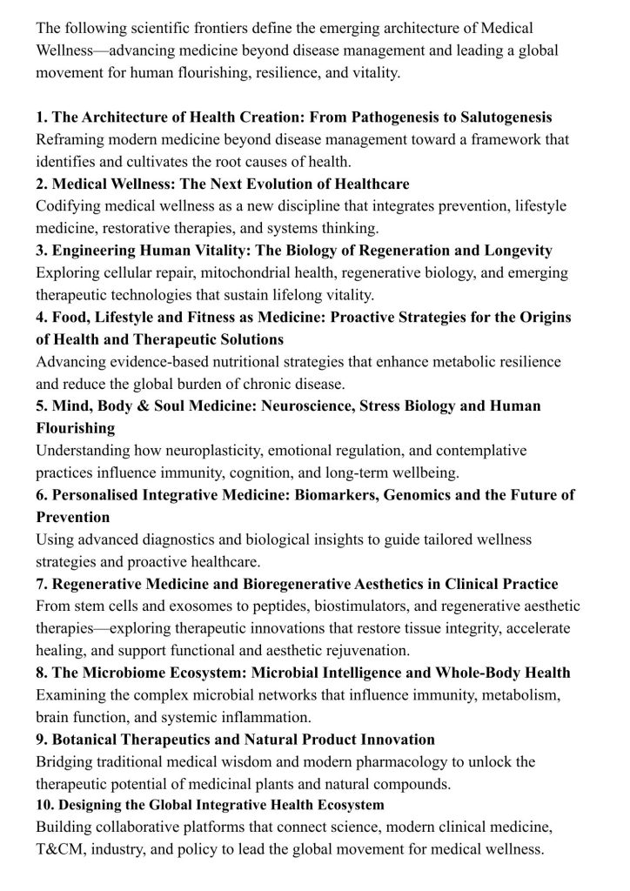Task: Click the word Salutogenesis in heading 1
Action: (x=499, y=117)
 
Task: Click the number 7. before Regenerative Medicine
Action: (x=42, y=584)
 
